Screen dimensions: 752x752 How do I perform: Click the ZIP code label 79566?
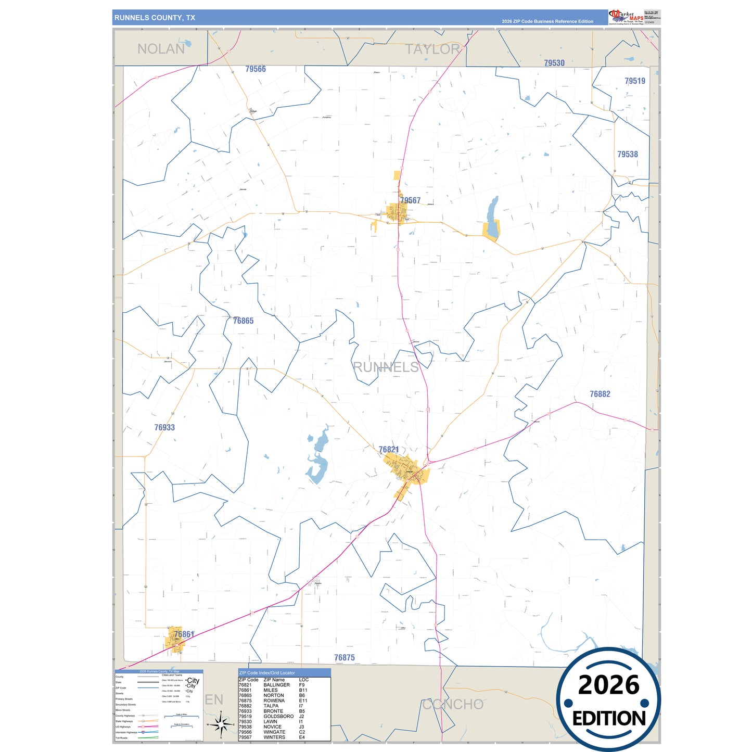click(x=256, y=69)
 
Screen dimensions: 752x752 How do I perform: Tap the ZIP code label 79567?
click(x=410, y=200)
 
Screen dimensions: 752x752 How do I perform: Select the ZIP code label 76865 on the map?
click(x=243, y=321)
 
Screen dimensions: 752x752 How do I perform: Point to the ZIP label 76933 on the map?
click(x=164, y=427)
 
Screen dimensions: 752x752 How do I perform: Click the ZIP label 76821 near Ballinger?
click(x=389, y=450)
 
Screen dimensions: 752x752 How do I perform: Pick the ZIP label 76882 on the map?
click(x=600, y=394)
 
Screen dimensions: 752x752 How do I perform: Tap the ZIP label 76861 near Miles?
click(x=184, y=634)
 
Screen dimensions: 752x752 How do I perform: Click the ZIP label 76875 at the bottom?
click(x=345, y=658)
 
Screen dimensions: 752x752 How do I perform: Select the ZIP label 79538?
click(x=627, y=154)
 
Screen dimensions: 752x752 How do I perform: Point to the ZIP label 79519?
click(x=634, y=81)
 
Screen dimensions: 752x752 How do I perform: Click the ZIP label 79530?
click(x=554, y=63)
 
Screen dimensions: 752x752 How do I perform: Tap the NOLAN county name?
click(x=161, y=49)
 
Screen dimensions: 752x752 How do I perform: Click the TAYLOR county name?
click(x=432, y=49)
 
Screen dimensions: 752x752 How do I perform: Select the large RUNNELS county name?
click(x=386, y=367)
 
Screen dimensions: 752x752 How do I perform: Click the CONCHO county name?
click(x=453, y=704)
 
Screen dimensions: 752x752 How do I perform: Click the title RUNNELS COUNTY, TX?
click(x=155, y=18)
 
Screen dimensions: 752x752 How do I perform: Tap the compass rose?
click(x=221, y=723)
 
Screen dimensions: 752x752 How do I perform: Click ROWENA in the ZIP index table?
click(x=274, y=700)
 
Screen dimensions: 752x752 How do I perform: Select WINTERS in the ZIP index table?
click(x=274, y=737)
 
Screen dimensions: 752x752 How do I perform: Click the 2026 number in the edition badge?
click(x=608, y=685)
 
